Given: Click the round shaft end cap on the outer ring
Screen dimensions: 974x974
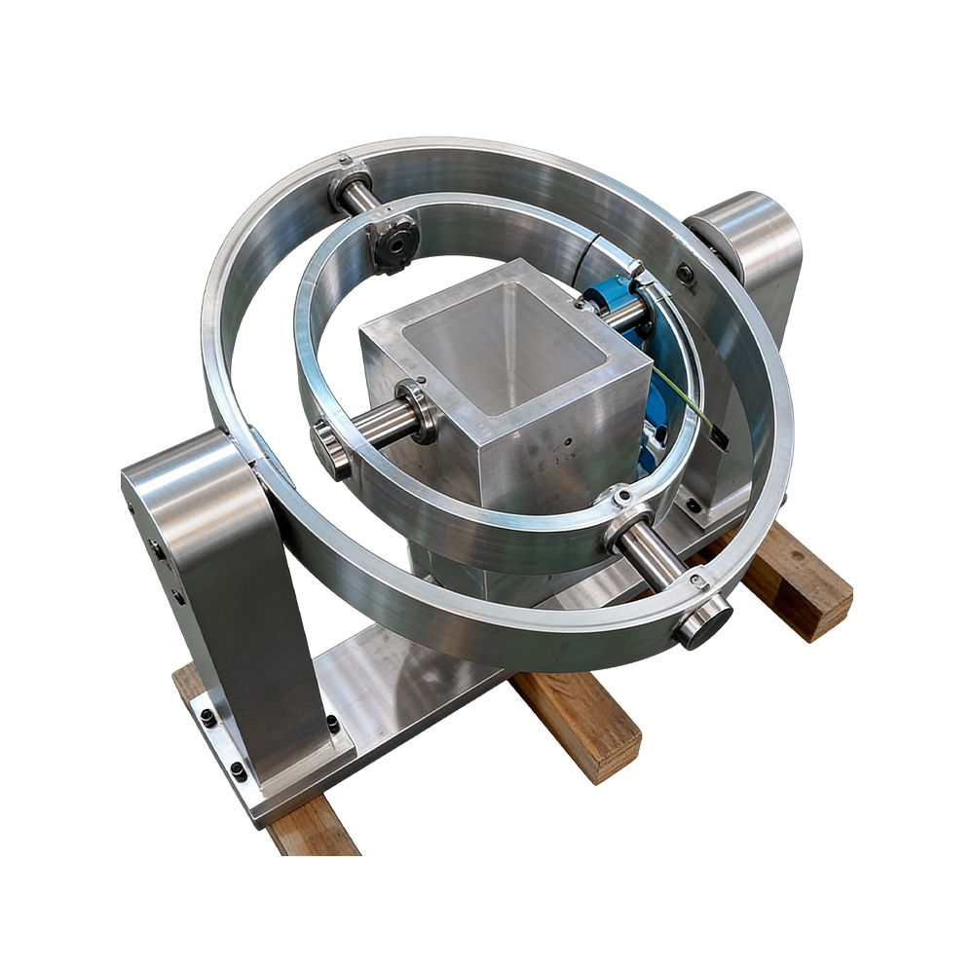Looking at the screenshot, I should (x=704, y=622).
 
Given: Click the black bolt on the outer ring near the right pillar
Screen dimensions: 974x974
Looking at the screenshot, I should (x=686, y=275).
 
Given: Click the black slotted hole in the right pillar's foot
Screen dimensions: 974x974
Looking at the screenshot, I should (x=693, y=506).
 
